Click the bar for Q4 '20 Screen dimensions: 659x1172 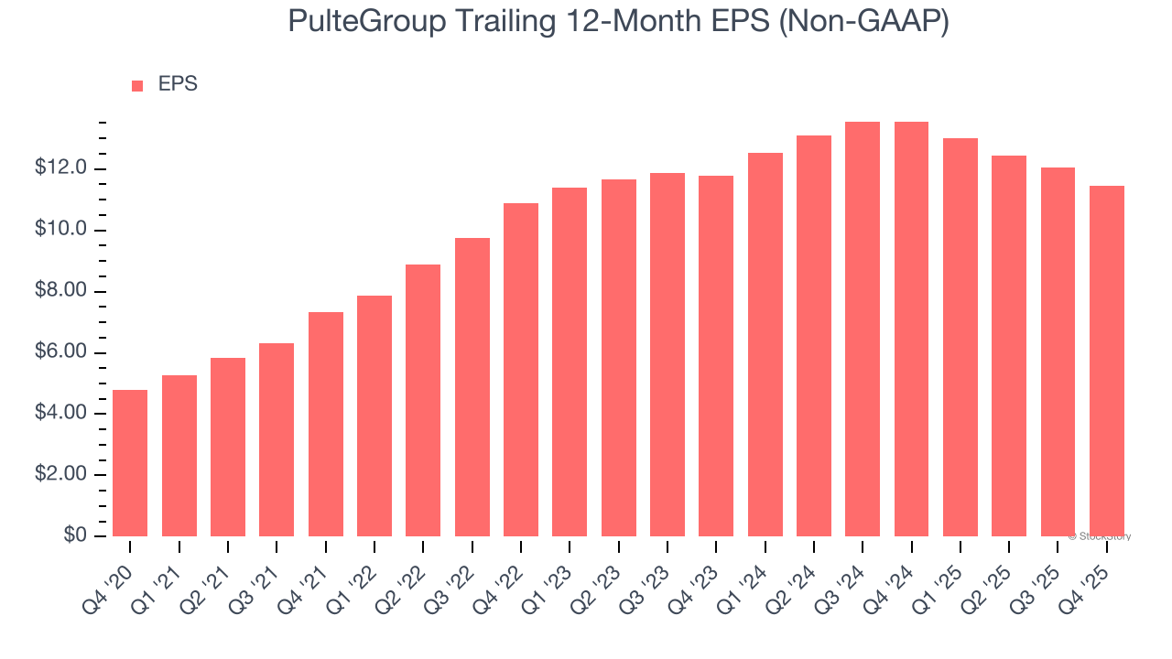(x=130, y=463)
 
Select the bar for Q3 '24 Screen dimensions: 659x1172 (x=863, y=329)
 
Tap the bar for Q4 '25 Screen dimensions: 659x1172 (x=1106, y=362)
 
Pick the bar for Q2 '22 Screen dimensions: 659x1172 (x=423, y=401)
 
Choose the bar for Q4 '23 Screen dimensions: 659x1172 (x=716, y=356)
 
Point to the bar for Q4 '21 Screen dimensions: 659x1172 (x=325, y=425)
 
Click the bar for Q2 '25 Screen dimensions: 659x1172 (x=1009, y=346)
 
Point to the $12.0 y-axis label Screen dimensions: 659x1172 (x=60, y=168)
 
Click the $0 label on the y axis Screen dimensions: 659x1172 (x=75, y=535)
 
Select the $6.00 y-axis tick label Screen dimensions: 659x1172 (x=60, y=352)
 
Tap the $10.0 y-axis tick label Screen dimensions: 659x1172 (x=60, y=230)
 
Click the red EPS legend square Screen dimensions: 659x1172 (x=137, y=86)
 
